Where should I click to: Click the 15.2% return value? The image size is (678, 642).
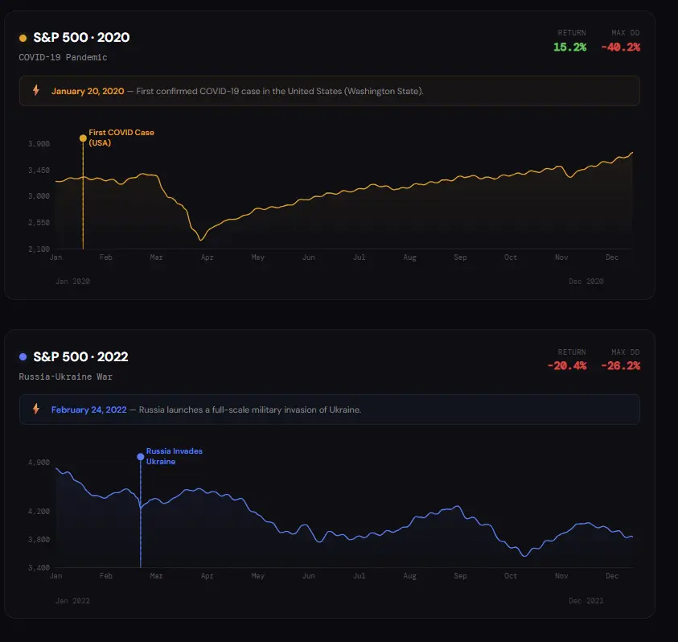(569, 47)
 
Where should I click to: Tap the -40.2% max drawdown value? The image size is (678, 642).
(620, 47)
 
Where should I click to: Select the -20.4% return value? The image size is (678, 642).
(566, 365)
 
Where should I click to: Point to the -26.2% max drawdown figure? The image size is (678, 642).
(620, 365)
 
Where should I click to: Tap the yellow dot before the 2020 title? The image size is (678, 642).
(23, 38)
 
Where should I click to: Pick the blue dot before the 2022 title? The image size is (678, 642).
(23, 356)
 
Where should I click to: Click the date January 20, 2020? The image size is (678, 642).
(88, 91)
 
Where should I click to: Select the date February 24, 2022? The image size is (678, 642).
(88, 409)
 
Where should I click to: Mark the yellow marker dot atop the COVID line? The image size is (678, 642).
(83, 138)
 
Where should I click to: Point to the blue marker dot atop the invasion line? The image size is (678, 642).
(141, 457)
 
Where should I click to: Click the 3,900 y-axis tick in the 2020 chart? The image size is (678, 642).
(39, 143)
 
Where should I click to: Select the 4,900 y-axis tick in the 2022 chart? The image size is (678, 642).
(39, 463)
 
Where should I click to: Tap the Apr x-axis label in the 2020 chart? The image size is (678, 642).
(207, 257)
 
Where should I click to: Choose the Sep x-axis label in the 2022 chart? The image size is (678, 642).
(460, 576)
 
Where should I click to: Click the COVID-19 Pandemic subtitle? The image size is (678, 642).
(63, 57)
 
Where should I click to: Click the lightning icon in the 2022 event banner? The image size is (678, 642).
(35, 409)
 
